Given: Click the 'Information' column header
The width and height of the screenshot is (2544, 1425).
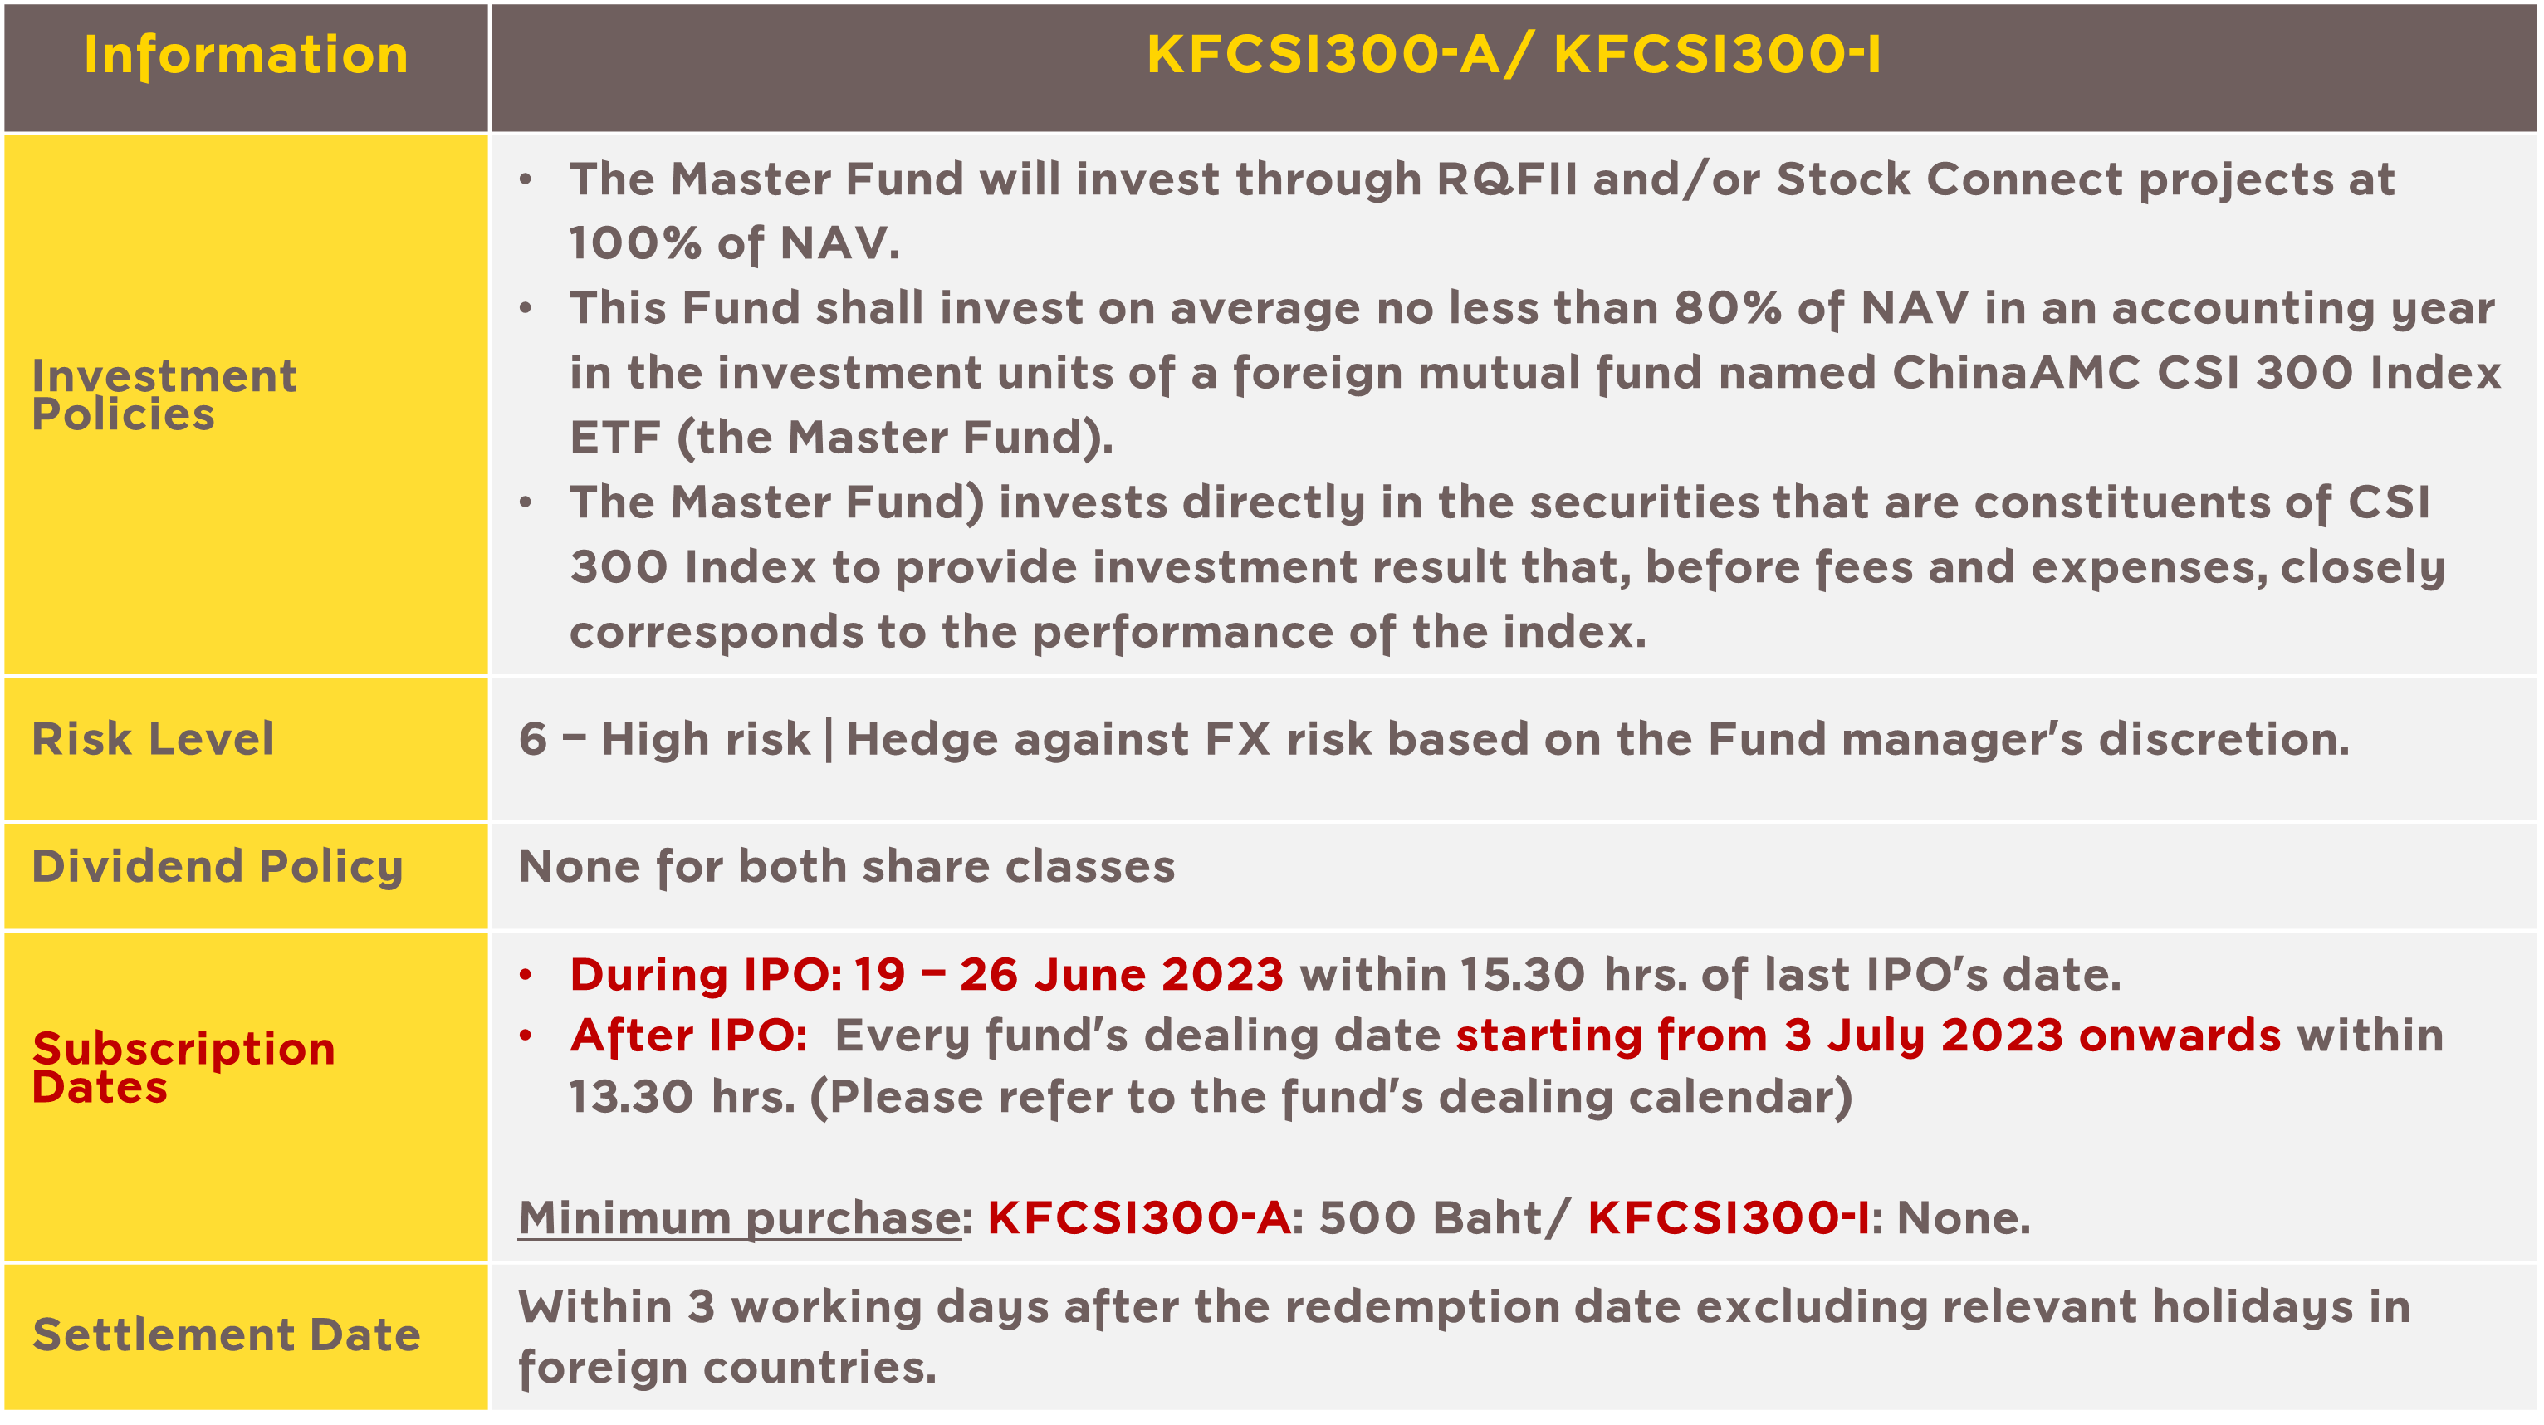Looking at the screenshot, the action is tap(246, 56).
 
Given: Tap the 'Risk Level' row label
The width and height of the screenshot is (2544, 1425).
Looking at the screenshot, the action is tap(153, 739).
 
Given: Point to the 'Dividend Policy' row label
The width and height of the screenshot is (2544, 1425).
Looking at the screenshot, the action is tap(218, 867).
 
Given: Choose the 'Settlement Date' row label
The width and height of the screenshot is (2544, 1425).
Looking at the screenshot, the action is tap(226, 1334).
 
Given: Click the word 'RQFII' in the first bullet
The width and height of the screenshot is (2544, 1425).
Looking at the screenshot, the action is tap(1507, 179).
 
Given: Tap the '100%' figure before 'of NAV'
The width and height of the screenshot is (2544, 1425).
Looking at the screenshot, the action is tap(635, 243).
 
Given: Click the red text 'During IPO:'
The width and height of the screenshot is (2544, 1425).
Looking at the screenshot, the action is tap(706, 975).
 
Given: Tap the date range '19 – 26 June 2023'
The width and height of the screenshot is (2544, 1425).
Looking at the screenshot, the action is tap(1069, 975).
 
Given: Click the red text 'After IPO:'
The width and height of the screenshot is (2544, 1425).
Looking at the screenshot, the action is tap(688, 1036).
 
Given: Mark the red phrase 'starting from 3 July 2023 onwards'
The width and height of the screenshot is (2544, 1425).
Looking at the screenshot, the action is tap(1868, 1036).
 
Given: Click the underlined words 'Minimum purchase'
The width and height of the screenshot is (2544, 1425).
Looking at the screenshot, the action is tap(740, 1217).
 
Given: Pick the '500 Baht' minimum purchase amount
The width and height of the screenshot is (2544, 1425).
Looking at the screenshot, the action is tap(1431, 1217).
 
